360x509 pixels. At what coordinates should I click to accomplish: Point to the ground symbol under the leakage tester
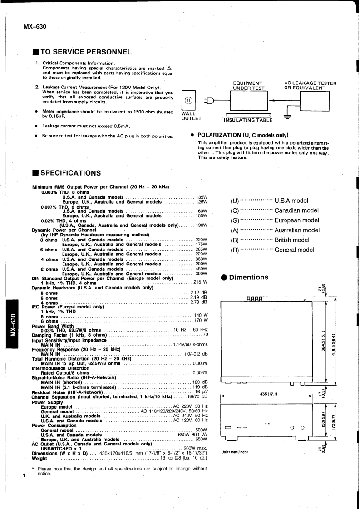click(286, 116)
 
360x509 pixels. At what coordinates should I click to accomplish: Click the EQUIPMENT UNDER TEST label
click(247, 86)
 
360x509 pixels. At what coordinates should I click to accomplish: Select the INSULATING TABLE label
click(248, 120)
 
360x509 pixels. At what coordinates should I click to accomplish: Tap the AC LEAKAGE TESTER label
click(310, 86)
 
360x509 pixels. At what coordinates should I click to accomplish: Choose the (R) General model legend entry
click(272, 250)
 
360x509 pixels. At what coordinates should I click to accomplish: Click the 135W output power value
click(202, 197)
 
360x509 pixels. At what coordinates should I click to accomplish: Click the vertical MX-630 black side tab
click(14, 324)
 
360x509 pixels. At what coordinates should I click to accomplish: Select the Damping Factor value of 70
click(205, 334)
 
